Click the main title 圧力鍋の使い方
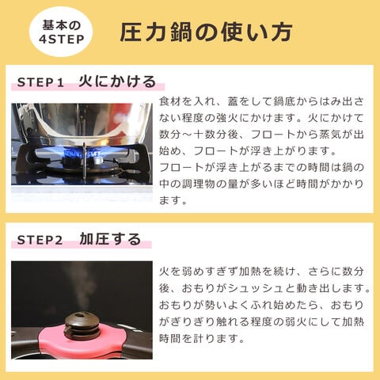206,32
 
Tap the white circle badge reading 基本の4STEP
61,32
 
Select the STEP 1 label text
40,82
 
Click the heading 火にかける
117,82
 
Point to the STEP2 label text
40,240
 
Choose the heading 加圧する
110,239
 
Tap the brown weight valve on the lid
82,325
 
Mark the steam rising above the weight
79,287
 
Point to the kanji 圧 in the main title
131,32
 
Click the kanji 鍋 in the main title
180,32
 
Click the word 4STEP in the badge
62,40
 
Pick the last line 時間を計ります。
202,339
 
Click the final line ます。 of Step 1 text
173,200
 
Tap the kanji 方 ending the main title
282,32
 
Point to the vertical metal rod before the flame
84,160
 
